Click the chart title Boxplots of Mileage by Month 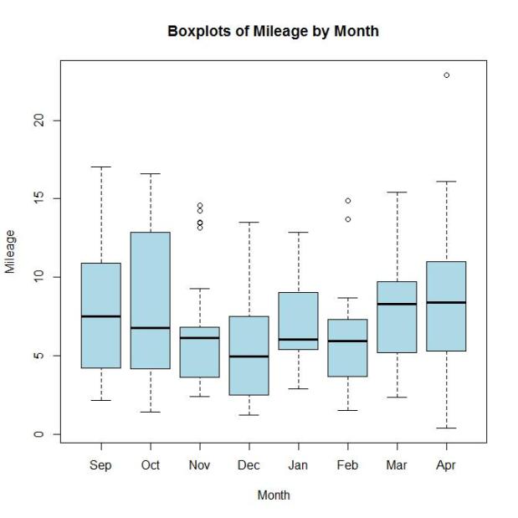[x=273, y=32]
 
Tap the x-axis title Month [x=274, y=495]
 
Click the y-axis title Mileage [x=11, y=251]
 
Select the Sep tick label [x=100, y=465]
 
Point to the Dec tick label [x=249, y=465]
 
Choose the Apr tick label [x=446, y=465]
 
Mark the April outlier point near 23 [x=446, y=75]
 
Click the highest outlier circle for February [x=347, y=201]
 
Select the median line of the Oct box [x=150, y=328]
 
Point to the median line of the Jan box [x=298, y=340]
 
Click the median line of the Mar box [x=397, y=304]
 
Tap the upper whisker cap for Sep [x=100, y=167]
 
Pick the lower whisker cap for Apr [x=446, y=428]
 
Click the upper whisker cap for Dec [x=249, y=223]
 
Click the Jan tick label [x=298, y=465]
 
